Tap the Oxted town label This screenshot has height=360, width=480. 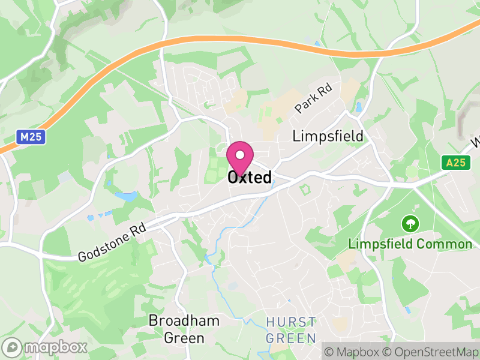pyautogui.click(x=250, y=178)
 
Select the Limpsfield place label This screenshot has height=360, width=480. pyautogui.click(x=328, y=136)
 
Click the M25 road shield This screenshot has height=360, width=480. pyautogui.click(x=30, y=137)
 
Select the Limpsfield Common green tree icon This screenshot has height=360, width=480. pyautogui.click(x=410, y=224)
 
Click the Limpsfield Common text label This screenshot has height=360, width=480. pyautogui.click(x=410, y=244)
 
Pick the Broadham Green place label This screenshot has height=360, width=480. pyautogui.click(x=184, y=329)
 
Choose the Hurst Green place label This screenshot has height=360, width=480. pyautogui.click(x=291, y=329)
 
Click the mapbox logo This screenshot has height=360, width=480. pyautogui.click(x=46, y=347)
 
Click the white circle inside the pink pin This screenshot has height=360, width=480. pyautogui.click(x=240, y=155)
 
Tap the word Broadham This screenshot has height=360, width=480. pyautogui.click(x=184, y=320)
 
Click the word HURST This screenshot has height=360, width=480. pyautogui.click(x=291, y=320)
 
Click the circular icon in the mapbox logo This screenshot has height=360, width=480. pyautogui.click(x=13, y=347)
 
